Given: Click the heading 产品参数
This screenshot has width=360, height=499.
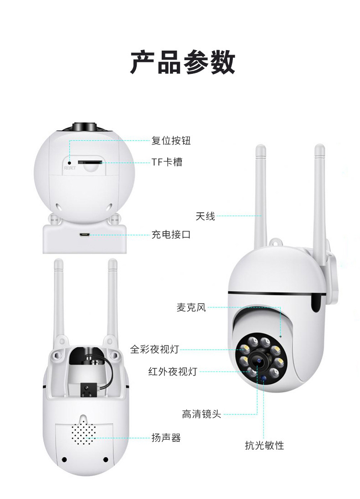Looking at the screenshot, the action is click(x=183, y=62).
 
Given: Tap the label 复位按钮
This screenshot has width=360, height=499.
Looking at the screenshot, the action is click(x=171, y=141).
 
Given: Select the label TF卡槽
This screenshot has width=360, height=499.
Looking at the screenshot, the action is click(x=167, y=162).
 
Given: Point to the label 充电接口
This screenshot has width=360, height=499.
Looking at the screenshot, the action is click(x=171, y=235).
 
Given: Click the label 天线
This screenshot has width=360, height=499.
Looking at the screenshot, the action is click(x=205, y=216).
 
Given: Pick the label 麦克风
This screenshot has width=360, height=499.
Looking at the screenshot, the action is click(x=191, y=308).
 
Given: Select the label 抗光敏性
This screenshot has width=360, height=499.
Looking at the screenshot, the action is click(x=264, y=445).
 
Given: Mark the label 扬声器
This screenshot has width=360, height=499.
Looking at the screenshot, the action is click(x=166, y=438).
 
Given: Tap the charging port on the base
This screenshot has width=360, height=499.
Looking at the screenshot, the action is click(x=84, y=235).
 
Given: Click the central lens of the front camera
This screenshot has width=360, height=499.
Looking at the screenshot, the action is click(x=259, y=361).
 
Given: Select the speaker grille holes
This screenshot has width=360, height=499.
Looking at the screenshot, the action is click(x=83, y=433).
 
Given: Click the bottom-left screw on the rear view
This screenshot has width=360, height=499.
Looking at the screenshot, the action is click(x=64, y=459).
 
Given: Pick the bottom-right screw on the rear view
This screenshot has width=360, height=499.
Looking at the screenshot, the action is click(x=106, y=459).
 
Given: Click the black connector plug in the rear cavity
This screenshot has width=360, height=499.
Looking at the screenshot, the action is click(x=85, y=389).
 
